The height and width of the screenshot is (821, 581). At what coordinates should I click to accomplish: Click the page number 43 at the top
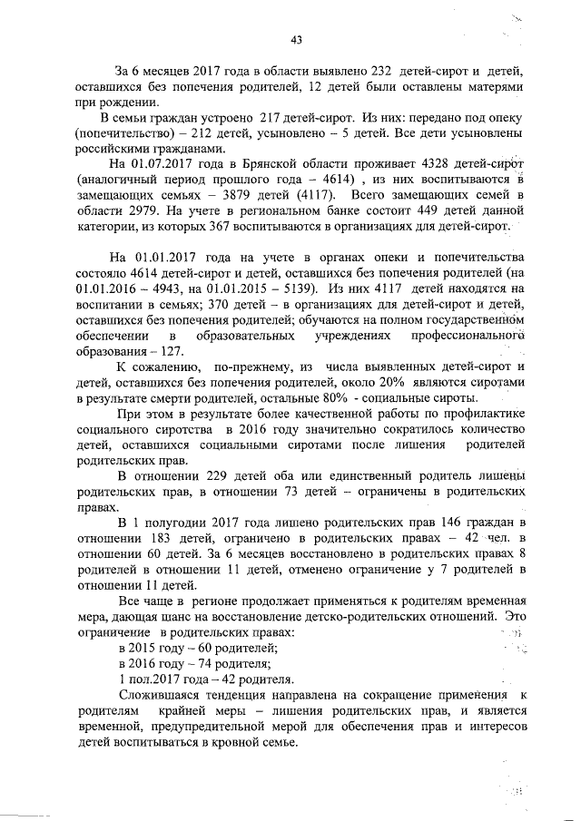pos(296,39)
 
